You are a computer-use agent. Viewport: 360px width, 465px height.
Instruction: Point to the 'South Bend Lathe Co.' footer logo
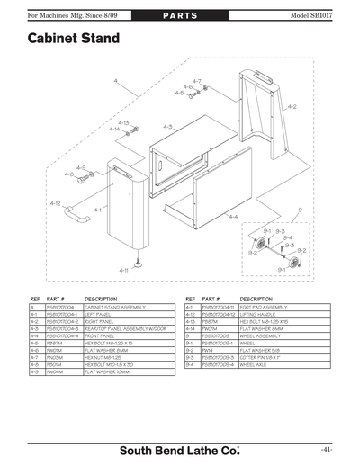180,448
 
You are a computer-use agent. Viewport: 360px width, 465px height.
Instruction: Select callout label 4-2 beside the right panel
292,107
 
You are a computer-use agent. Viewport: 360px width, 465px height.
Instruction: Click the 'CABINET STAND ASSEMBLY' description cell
115,308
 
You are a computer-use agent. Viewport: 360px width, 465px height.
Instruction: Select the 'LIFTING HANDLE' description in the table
260,315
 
